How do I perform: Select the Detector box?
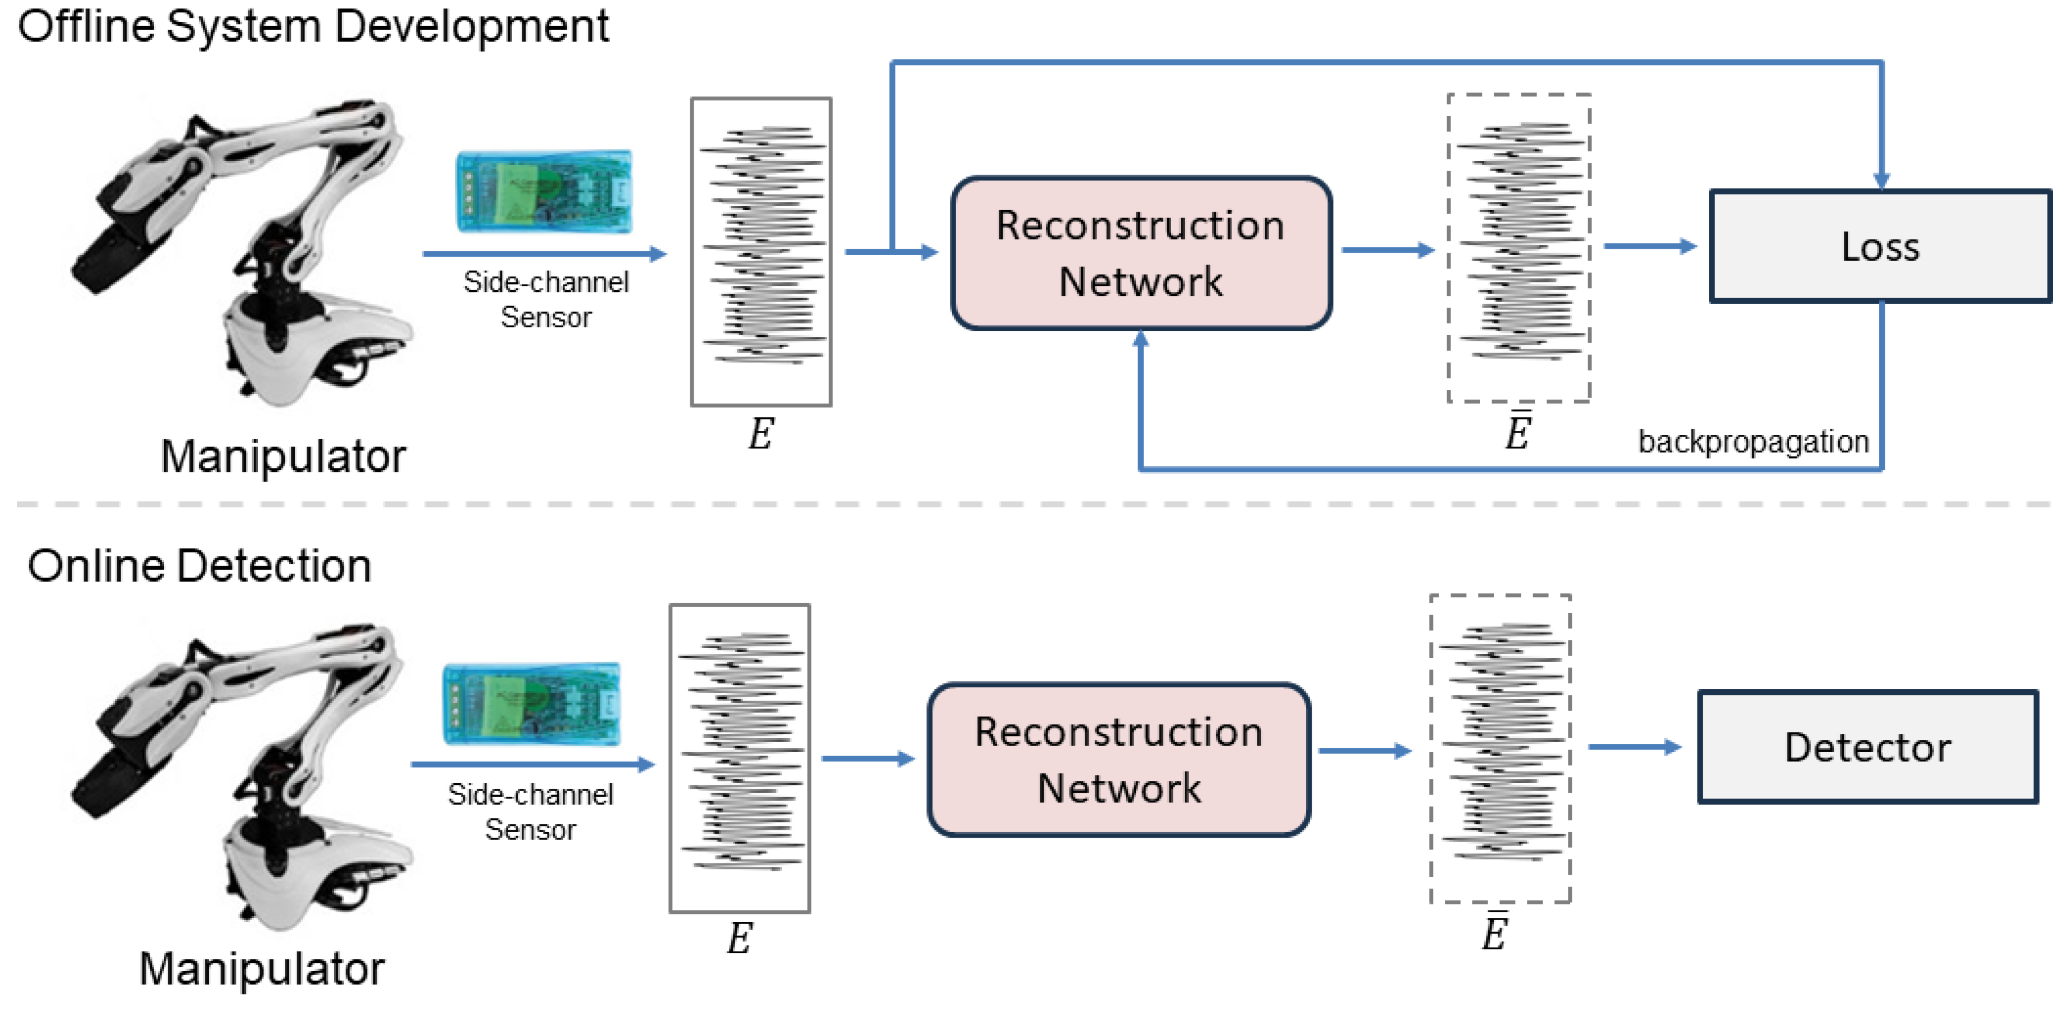tap(1867, 747)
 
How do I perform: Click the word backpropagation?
tap(1753, 442)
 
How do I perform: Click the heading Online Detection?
tap(199, 565)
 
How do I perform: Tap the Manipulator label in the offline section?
tap(283, 456)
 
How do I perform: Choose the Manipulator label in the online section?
tap(262, 968)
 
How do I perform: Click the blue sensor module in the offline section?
tap(544, 191)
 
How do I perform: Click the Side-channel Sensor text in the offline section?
tap(546, 299)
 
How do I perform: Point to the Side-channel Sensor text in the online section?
tap(530, 812)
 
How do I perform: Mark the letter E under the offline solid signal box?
tap(760, 434)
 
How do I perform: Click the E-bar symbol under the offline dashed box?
tap(1517, 432)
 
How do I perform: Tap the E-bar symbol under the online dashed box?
tap(1494, 933)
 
